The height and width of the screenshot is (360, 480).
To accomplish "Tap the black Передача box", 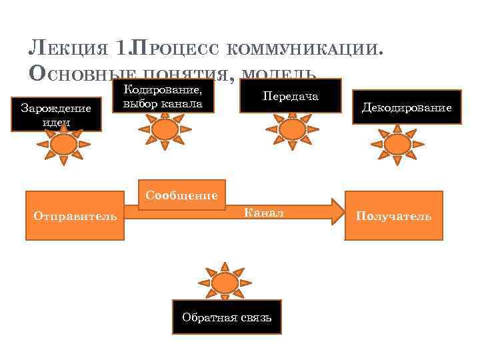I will click(291, 97).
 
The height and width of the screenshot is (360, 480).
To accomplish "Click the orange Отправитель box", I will click(75, 215).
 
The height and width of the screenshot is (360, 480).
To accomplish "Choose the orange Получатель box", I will click(393, 215).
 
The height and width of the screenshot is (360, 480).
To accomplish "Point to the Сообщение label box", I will click(181, 195).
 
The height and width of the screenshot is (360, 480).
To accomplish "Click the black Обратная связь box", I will click(227, 317).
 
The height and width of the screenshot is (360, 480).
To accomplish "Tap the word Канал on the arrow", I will click(264, 213).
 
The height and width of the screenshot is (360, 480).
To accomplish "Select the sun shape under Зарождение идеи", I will click(63, 145).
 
